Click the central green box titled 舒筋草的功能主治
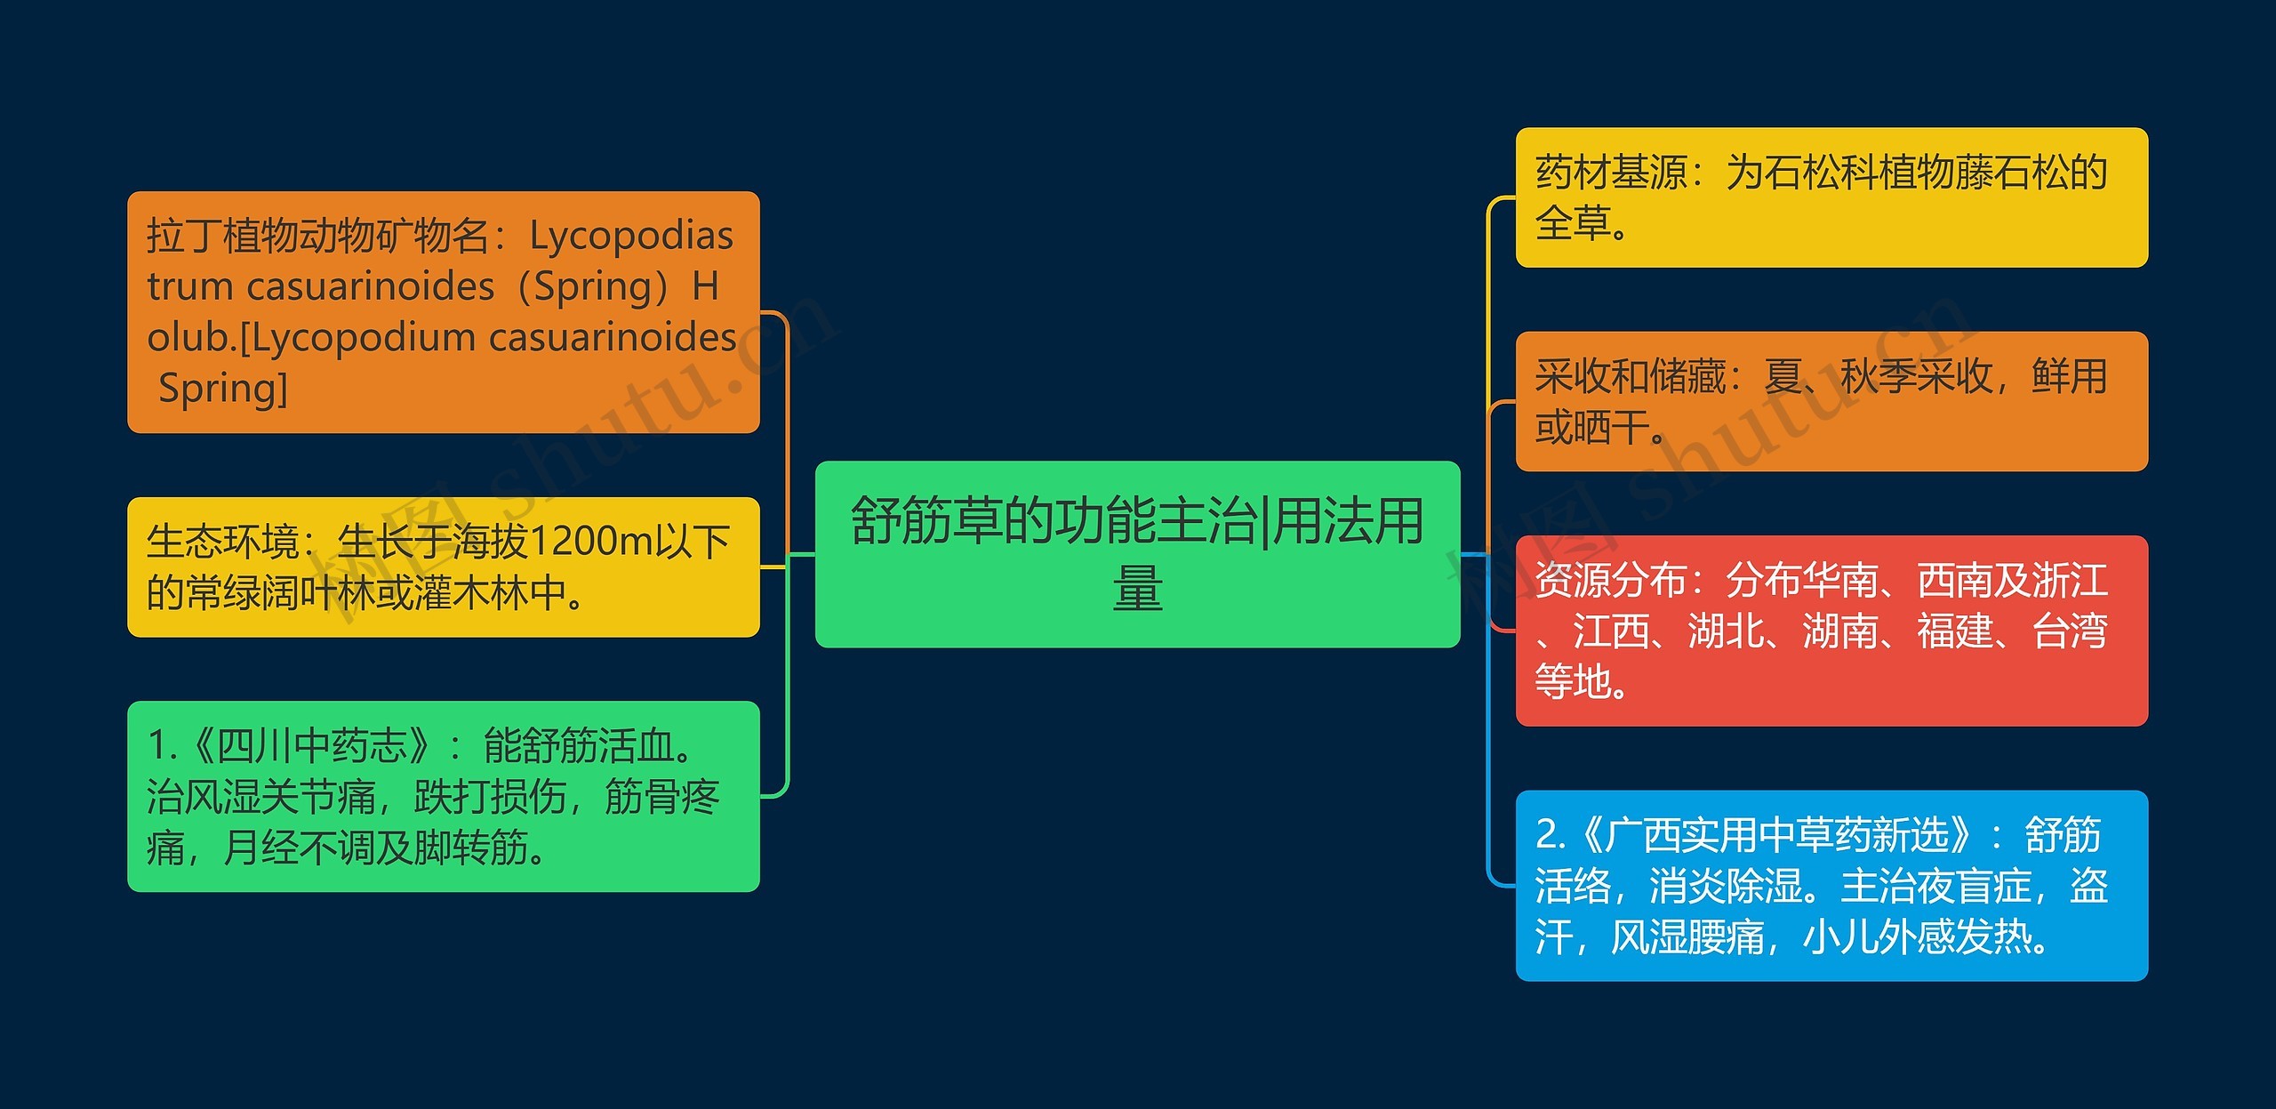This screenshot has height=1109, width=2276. coord(1137,553)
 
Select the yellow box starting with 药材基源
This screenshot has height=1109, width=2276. coord(1831,197)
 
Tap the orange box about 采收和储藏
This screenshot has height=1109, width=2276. coord(1831,401)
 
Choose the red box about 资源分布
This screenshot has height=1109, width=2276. coord(1831,631)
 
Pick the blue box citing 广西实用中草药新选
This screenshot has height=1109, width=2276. coord(1831,886)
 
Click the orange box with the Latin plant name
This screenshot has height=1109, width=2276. coord(443,312)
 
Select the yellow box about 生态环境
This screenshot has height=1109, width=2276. coord(443,567)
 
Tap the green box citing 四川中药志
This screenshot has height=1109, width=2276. coord(443,796)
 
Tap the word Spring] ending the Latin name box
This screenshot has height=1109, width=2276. coord(222,389)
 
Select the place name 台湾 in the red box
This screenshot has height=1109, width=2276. coord(2070,631)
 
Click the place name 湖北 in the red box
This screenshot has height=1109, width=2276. coord(1726,631)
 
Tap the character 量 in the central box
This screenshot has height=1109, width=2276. coord(1137,589)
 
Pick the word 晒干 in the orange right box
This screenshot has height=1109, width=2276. coord(1611,428)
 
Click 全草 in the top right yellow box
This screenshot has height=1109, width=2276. coord(1573,223)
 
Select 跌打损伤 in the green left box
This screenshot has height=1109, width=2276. coord(490,797)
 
